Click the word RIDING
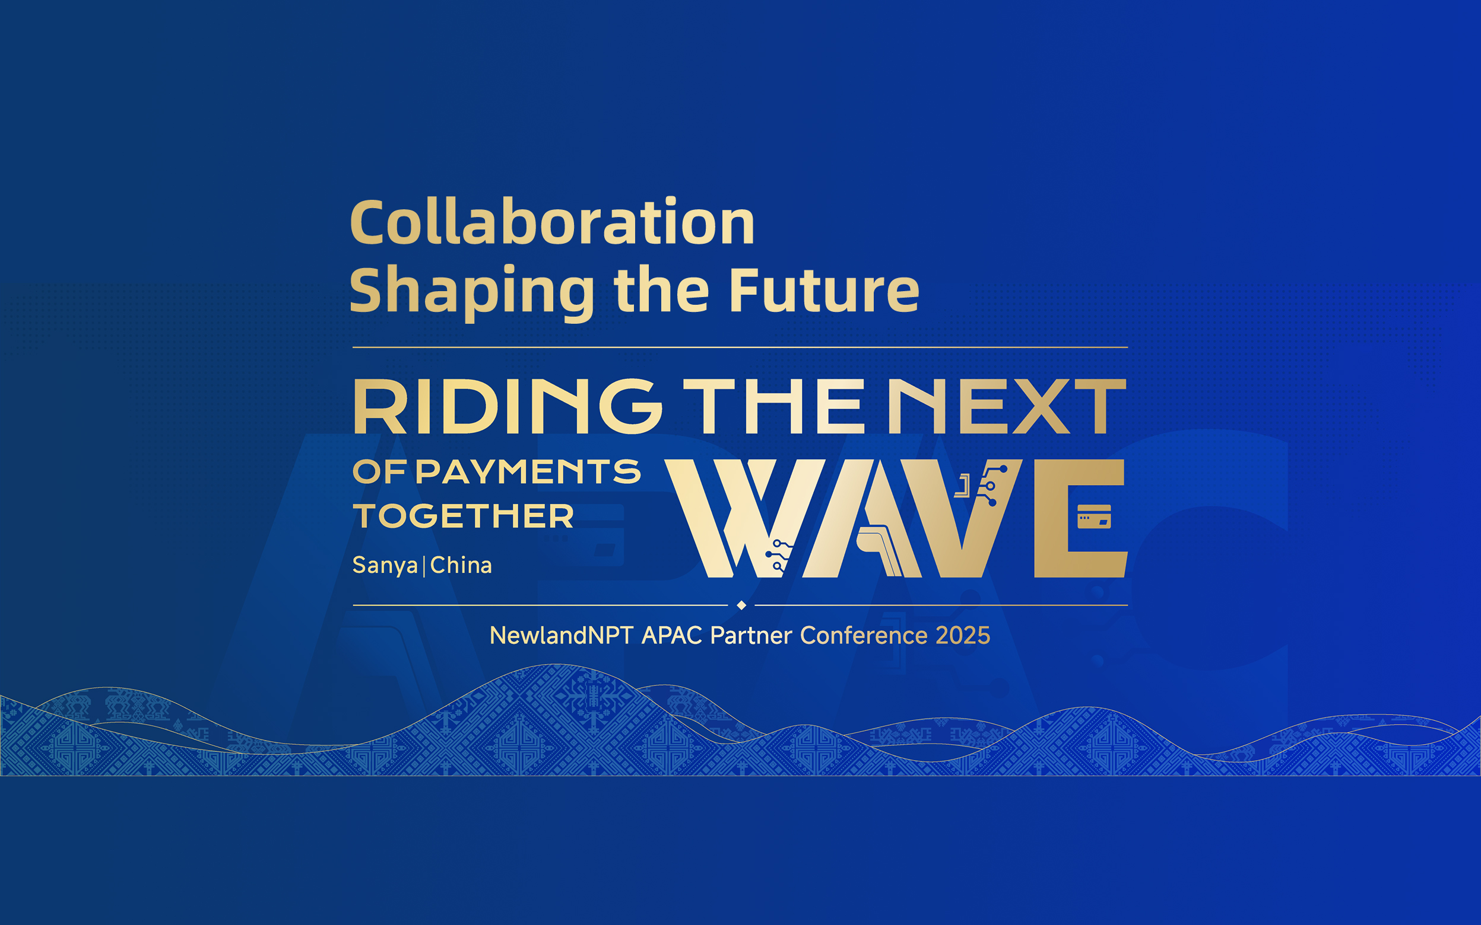508,406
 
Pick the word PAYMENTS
528,471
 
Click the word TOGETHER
464,516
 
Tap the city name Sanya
385,566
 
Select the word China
461,564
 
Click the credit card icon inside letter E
1094,516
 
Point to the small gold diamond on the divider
741,605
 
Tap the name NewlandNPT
562,636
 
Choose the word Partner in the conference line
751,636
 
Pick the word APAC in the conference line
671,636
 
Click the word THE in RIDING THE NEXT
774,406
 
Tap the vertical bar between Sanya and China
424,565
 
